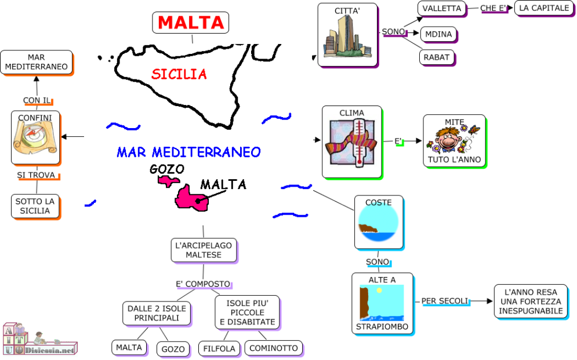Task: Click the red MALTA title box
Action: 190,23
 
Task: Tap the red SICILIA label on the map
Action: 179,74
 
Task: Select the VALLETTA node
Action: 441,8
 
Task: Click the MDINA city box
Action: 438,34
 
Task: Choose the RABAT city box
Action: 436,57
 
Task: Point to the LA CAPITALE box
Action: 543,8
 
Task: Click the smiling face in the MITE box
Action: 447,140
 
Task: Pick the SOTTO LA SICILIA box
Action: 35,206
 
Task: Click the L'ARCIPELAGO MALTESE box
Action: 204,250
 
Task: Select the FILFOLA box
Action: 219,348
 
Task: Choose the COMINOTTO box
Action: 273,348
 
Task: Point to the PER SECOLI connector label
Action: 444,300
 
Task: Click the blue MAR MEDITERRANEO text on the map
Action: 188,152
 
